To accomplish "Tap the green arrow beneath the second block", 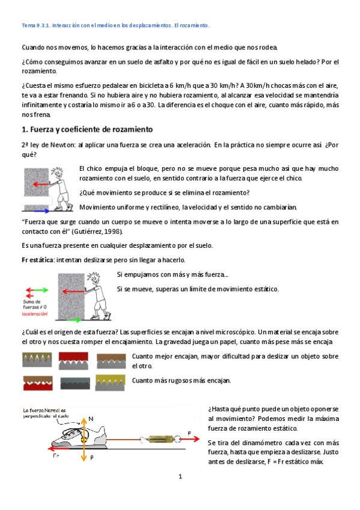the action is tap(74, 320).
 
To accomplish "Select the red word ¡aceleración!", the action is tap(35, 314).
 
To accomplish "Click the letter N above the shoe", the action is tap(91, 419).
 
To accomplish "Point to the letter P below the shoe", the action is tap(92, 457).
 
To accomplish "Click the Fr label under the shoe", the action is tap(56, 456).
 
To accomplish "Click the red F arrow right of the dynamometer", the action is tap(189, 439).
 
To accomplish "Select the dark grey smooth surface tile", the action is tap(75, 383).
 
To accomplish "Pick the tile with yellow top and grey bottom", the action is tap(110, 382).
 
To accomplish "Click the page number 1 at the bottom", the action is tap(180, 476).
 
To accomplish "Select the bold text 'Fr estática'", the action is tap(38, 260).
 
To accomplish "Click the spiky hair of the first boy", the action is tap(57, 171).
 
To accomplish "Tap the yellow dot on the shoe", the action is tap(84, 440).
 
